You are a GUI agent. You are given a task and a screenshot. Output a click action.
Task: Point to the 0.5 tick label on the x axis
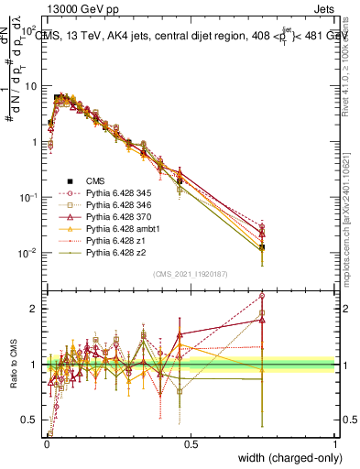[191, 443]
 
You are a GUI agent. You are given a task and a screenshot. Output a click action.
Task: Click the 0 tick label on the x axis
[46, 443]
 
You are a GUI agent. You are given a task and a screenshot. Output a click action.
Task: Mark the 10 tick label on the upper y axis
[31, 85]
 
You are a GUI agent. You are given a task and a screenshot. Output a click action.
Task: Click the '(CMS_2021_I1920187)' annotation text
[190, 275]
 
